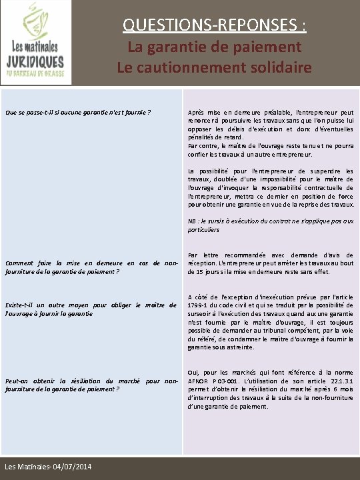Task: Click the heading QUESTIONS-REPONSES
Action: click(x=215, y=25)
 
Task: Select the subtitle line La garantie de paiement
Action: click(x=215, y=47)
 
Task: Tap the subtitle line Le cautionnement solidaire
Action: click(x=215, y=67)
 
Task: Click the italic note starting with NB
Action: click(x=271, y=225)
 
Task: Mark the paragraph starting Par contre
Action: click(x=271, y=150)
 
